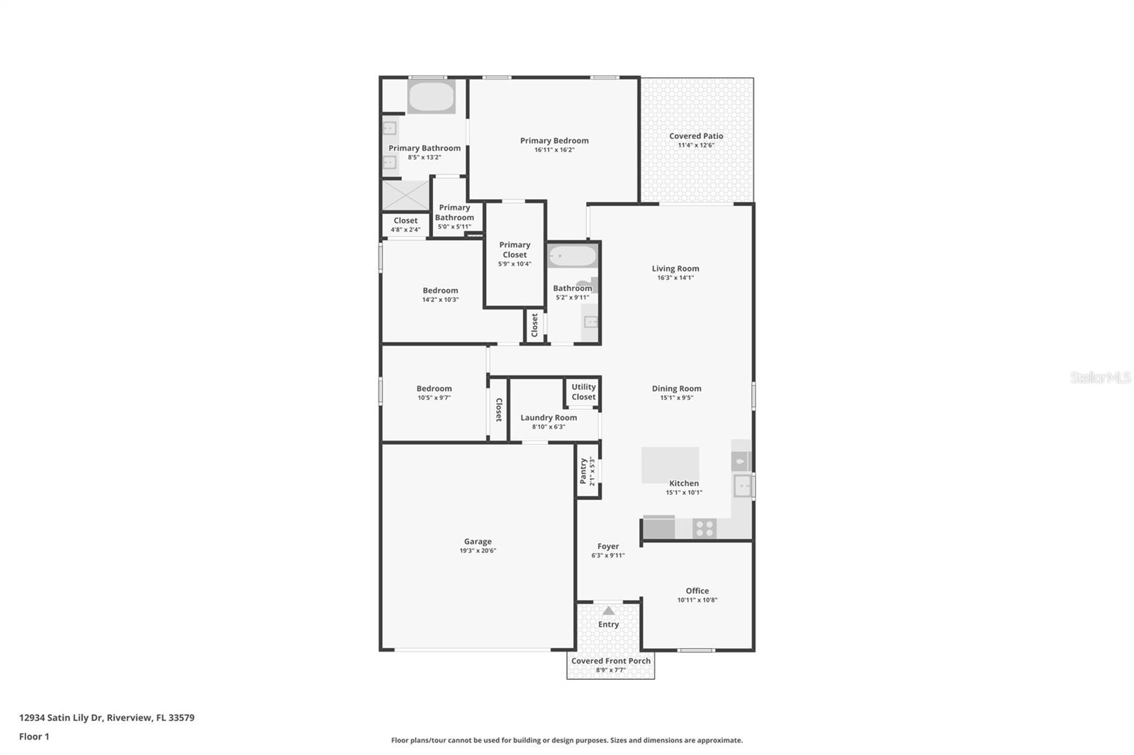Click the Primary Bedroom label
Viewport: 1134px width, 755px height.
coord(554,140)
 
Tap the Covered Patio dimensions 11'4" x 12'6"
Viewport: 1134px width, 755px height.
coord(696,145)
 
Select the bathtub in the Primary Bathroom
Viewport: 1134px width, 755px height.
coord(431,97)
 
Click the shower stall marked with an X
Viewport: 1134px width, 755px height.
coord(406,195)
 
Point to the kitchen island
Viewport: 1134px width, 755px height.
coord(670,465)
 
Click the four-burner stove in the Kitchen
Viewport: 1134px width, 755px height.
coord(704,528)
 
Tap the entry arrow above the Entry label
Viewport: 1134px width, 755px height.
coord(608,611)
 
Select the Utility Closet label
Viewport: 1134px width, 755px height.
coord(583,392)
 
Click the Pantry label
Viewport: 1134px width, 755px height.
coord(583,471)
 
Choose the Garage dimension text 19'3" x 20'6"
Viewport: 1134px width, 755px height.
coord(478,551)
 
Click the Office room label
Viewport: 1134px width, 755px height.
coord(697,591)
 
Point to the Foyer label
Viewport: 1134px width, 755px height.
coord(608,546)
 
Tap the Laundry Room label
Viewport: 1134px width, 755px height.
coord(549,417)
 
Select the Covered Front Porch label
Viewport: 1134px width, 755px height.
coord(610,661)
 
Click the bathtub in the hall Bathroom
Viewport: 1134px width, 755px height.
coord(573,256)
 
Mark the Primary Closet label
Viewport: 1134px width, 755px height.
coord(515,249)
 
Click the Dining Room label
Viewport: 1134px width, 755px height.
coord(676,388)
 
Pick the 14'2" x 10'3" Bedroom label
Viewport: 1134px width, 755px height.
coord(440,290)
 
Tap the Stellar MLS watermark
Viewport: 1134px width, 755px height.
coord(1100,377)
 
